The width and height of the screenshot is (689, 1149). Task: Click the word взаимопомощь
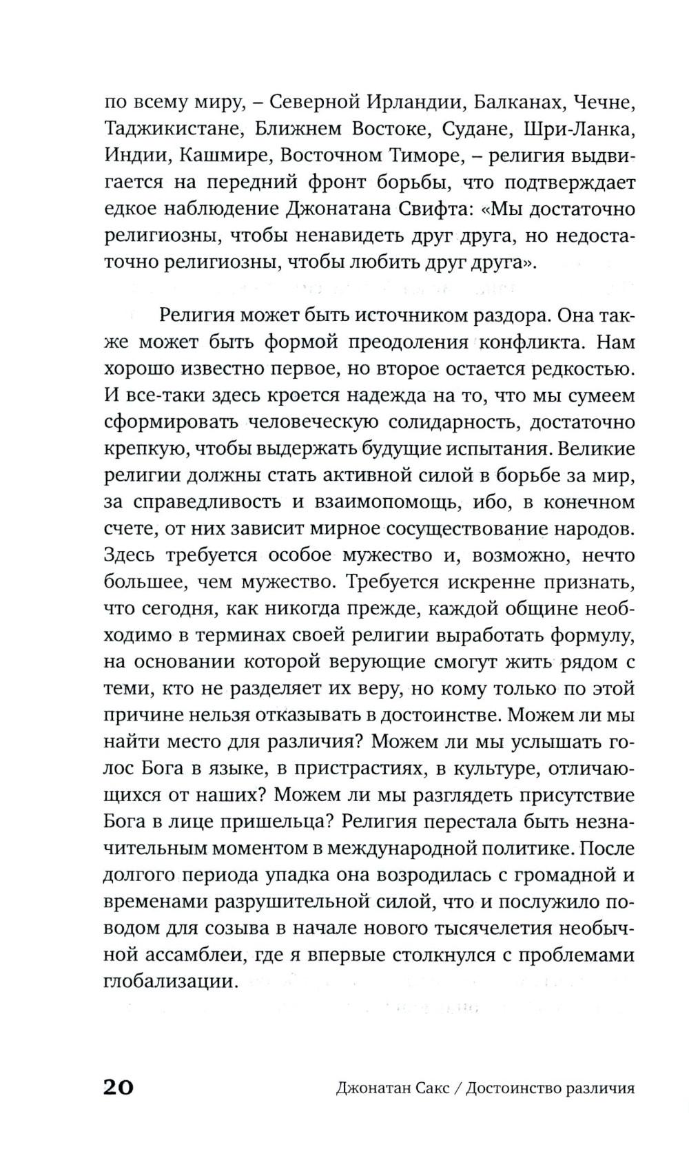coord(376,502)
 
